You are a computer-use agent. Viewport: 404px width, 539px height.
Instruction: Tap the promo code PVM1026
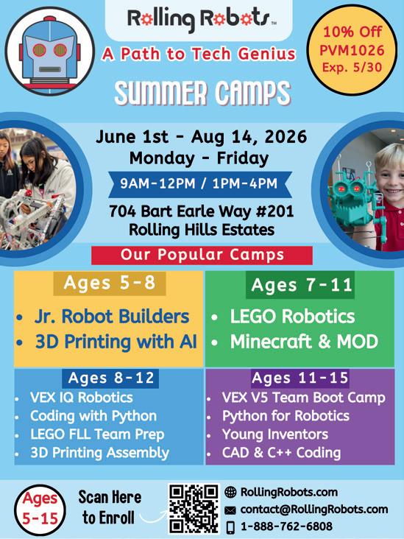coord(352,50)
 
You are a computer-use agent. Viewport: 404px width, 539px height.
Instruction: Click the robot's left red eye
coord(39,50)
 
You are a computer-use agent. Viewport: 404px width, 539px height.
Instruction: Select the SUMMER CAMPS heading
coord(202,94)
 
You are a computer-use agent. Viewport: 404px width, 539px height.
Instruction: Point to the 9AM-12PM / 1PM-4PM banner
coord(200,184)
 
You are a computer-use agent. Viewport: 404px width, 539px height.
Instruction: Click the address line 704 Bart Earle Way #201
coord(202,211)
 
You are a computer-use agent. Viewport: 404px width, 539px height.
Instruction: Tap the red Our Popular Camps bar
coord(202,255)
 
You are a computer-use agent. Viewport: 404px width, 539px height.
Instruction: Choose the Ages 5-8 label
coord(110,283)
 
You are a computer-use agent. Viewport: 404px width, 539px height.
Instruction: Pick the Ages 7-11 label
coord(301,285)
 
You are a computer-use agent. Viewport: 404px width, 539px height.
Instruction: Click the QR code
coord(194,508)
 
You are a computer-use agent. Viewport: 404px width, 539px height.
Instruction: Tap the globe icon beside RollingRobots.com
coord(230,493)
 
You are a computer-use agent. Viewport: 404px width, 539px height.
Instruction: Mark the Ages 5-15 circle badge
coord(40,510)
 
